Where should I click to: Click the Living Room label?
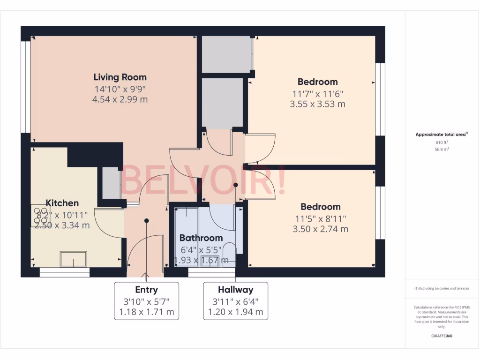click(120, 77)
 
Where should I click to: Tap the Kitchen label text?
click(62, 203)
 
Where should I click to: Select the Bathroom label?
click(201, 238)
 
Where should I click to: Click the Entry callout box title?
click(146, 290)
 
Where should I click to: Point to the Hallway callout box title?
click(235, 290)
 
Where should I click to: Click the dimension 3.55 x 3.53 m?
click(317, 104)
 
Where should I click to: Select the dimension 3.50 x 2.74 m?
click(320, 229)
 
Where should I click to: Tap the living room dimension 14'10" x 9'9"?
click(120, 89)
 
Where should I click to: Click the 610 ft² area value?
click(442, 142)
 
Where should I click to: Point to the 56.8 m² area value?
click(442, 150)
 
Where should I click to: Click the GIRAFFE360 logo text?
click(442, 336)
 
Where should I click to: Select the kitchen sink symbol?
click(73, 258)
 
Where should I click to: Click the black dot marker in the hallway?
click(236, 185)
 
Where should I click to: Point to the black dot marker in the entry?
click(146, 220)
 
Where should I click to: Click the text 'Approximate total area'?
click(440, 135)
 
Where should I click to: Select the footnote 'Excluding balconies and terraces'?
click(442, 288)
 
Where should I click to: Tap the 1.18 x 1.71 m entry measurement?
click(146, 312)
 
